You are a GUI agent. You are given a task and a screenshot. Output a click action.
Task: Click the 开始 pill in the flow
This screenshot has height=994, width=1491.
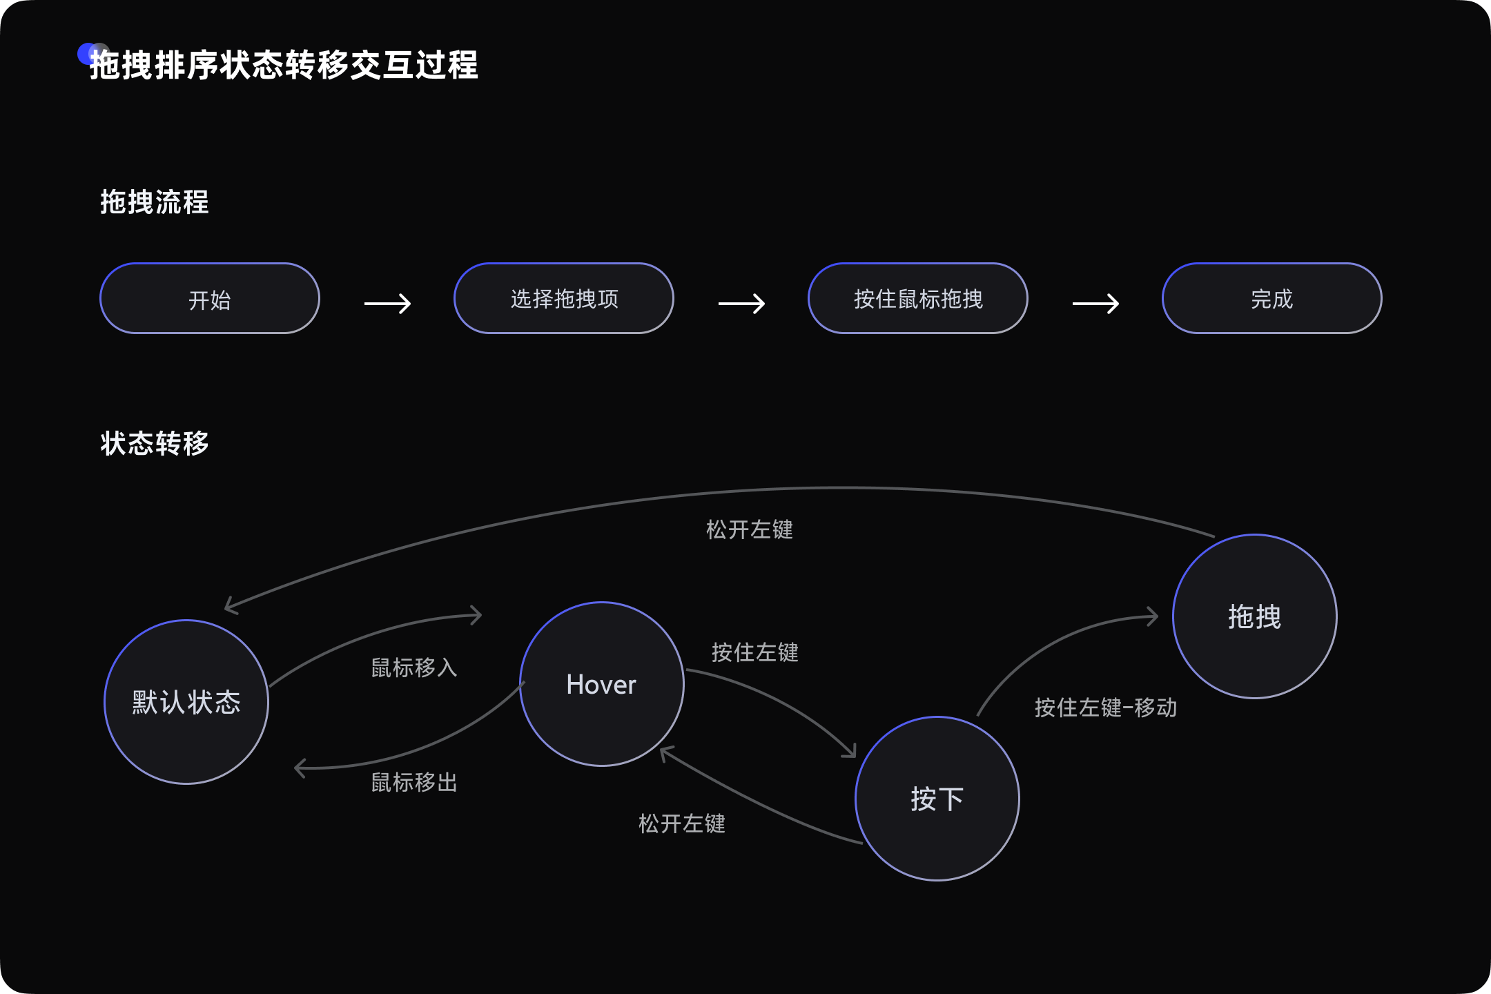pyautogui.click(x=210, y=298)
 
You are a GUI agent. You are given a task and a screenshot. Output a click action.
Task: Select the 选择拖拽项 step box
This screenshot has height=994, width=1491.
pyautogui.click(x=564, y=298)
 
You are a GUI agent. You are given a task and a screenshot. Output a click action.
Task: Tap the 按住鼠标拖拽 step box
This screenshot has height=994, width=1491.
pyautogui.click(x=918, y=298)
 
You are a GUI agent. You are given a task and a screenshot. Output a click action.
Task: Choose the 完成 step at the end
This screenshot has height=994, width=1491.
pyautogui.click(x=1272, y=298)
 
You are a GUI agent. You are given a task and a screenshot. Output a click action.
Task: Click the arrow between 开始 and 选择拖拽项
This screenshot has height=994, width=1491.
pyautogui.click(x=387, y=303)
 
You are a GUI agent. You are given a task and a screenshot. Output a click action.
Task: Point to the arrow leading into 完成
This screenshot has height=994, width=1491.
pyautogui.click(x=1095, y=303)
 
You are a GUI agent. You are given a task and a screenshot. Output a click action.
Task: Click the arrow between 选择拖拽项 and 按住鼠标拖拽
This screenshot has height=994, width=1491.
pyautogui.click(x=741, y=303)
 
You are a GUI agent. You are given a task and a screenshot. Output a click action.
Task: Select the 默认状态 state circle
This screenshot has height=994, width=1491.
pyautogui.click(x=186, y=702)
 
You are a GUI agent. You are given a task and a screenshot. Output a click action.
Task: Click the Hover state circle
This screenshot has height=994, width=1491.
pyautogui.click(x=602, y=684)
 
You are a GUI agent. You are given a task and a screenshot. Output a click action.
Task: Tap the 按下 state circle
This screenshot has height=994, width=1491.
pyautogui.click(x=937, y=799)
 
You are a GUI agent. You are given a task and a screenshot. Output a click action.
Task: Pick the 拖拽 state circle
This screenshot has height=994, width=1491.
pyautogui.click(x=1255, y=616)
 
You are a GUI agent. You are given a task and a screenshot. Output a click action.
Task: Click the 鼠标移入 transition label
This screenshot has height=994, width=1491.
pyautogui.click(x=414, y=667)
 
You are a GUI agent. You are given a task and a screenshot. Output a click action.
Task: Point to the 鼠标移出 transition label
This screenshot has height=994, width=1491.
pyautogui.click(x=414, y=782)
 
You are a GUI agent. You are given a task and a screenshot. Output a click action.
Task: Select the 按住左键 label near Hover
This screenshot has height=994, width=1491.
pyautogui.click(x=755, y=652)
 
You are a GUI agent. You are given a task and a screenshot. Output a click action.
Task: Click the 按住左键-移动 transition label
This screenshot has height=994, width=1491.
pyautogui.click(x=1106, y=708)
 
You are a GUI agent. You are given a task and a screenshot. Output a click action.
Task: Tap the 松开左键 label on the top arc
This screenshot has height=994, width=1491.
pyautogui.click(x=750, y=529)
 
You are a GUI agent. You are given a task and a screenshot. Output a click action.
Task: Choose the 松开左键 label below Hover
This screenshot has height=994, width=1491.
pyautogui.click(x=682, y=824)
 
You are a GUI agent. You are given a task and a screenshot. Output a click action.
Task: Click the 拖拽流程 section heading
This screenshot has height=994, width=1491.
pyautogui.click(x=155, y=202)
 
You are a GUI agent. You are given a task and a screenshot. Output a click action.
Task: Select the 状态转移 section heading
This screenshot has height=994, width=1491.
pyautogui.click(x=155, y=443)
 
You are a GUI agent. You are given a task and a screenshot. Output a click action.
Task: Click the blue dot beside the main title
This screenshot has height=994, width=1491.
pyautogui.click(x=88, y=53)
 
